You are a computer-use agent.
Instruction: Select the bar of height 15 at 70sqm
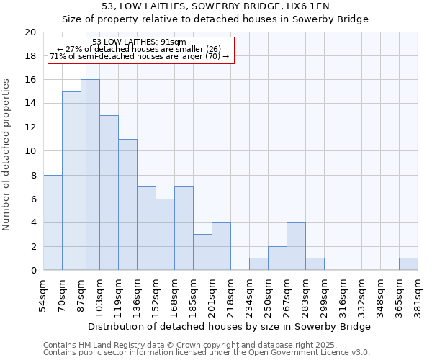tap(71, 181)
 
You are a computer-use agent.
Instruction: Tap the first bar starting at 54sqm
tap(53, 222)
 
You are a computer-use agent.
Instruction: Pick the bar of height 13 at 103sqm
tap(109, 193)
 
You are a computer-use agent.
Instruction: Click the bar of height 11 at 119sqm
tap(127, 204)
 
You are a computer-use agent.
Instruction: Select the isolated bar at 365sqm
tap(408, 264)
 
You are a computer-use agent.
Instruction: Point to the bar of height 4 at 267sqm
tap(296, 246)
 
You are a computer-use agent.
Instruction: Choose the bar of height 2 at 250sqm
tap(277, 258)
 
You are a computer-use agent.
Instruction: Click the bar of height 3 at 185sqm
tap(202, 252)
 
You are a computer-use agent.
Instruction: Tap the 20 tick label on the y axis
tap(30, 32)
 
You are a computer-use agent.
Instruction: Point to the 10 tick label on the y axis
tap(30, 151)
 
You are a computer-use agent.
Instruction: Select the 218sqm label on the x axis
tap(231, 294)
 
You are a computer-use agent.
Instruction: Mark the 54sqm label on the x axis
tap(44, 294)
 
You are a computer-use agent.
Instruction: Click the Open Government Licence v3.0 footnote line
tap(207, 352)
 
